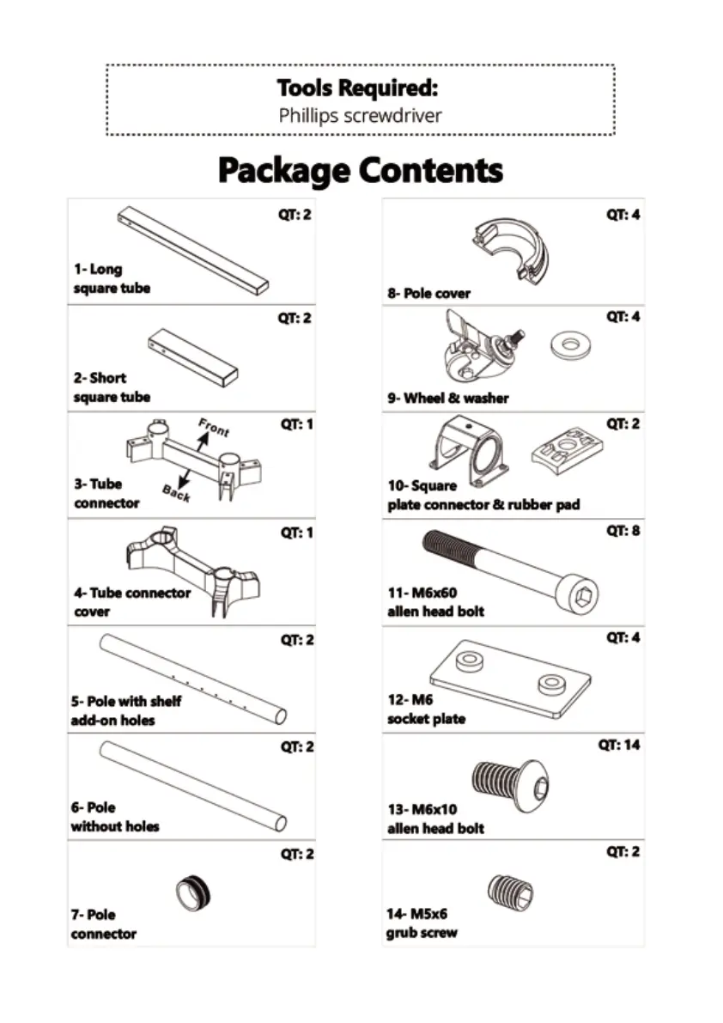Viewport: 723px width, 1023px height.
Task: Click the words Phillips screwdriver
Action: click(360, 115)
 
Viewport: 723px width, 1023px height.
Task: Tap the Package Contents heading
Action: click(361, 170)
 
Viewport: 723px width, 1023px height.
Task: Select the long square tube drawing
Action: click(193, 250)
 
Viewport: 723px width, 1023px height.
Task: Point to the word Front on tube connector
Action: click(213, 427)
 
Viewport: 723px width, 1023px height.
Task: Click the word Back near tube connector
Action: click(175, 493)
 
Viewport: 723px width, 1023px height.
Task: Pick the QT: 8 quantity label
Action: click(623, 531)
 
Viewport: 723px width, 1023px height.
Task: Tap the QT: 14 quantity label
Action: click(619, 745)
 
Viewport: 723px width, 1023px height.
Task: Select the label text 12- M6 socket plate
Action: click(426, 709)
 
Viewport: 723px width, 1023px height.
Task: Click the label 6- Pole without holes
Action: click(114, 817)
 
